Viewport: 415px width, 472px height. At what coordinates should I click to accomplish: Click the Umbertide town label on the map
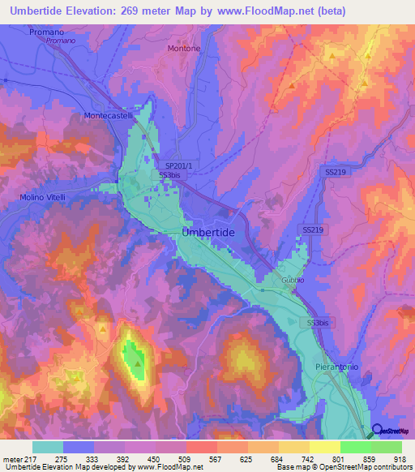tap(207, 232)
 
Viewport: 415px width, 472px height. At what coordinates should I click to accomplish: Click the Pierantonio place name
tap(336, 367)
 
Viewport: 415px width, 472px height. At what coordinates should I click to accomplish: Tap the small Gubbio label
tap(293, 280)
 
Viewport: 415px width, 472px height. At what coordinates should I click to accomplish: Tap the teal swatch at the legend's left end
tap(48, 447)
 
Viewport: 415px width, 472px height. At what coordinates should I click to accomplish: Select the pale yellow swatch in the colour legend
tap(324, 447)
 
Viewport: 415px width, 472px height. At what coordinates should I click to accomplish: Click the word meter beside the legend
tap(12, 459)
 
